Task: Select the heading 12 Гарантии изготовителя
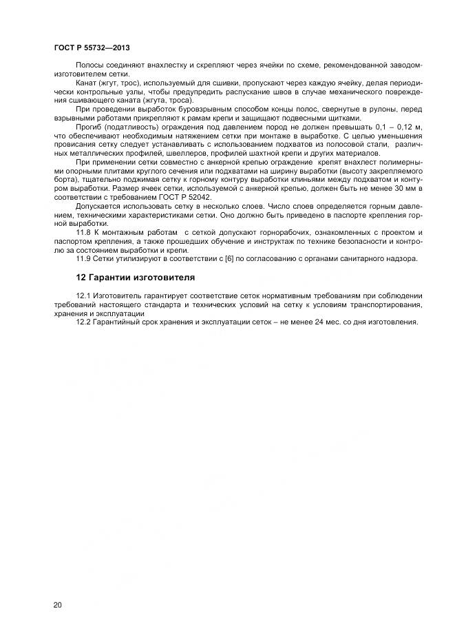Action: [x=136, y=278]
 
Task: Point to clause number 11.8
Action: [x=84, y=232]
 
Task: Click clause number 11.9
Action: [x=84, y=258]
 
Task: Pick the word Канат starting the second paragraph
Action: [x=87, y=83]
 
